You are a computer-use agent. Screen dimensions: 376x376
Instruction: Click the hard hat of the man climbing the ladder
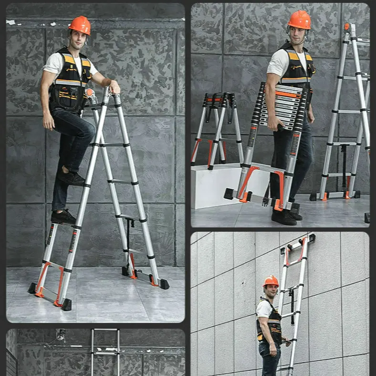point(80,25)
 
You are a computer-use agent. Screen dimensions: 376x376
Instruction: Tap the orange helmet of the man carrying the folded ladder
point(300,20)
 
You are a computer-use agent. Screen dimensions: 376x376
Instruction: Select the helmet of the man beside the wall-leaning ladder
point(271,281)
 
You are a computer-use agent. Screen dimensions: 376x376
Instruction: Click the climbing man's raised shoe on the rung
point(72,178)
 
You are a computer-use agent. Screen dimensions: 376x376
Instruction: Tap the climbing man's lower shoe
point(63,217)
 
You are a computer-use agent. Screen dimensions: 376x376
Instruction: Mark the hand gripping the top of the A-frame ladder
point(114,86)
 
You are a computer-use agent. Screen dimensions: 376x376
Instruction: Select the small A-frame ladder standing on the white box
point(217,129)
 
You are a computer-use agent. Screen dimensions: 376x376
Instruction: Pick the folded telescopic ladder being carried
point(274,143)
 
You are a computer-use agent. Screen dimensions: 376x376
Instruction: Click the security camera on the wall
point(60,334)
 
